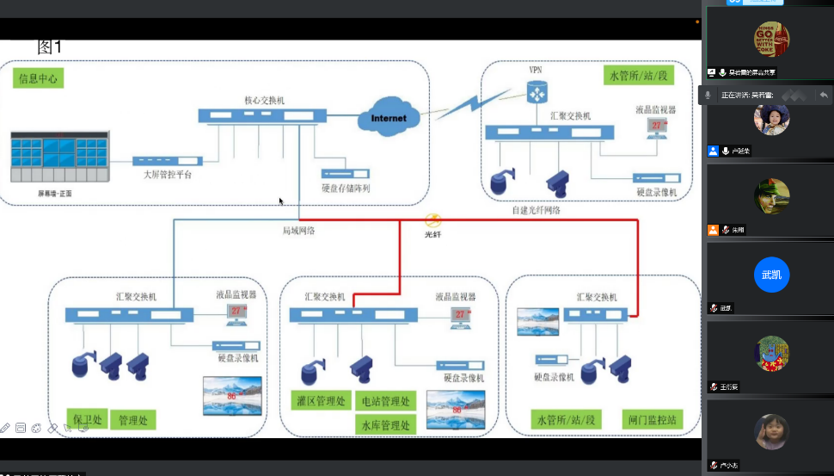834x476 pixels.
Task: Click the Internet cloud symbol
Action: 389,118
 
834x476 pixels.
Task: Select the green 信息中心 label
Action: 40,79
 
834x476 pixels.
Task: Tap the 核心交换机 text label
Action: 264,100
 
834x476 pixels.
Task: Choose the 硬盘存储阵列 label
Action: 346,188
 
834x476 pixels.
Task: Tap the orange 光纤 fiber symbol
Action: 434,221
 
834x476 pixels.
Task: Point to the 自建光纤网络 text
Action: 536,209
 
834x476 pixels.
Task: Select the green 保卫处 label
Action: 88,421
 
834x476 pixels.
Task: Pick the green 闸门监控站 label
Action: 653,421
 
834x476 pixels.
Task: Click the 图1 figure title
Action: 50,46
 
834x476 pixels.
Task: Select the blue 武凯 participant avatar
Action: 771,275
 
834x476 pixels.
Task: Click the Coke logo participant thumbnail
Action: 771,40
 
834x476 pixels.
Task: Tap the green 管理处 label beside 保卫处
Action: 133,421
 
